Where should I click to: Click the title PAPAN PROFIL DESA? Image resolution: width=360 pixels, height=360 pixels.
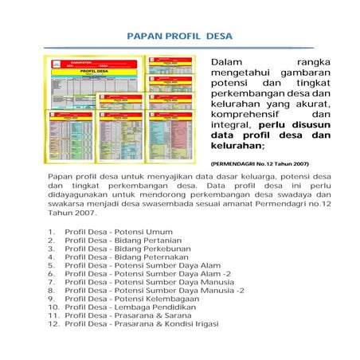pos(179,37)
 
